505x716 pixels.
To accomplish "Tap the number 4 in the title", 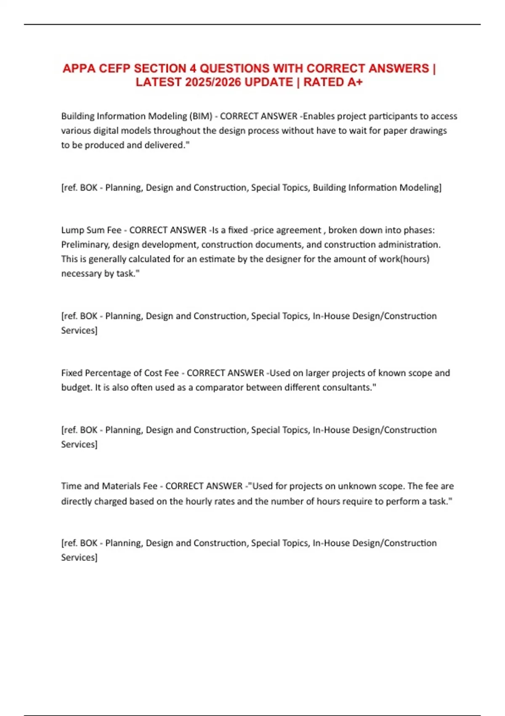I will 191,68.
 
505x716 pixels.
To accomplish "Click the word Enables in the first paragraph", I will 319,116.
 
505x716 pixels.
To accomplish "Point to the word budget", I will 76,387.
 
